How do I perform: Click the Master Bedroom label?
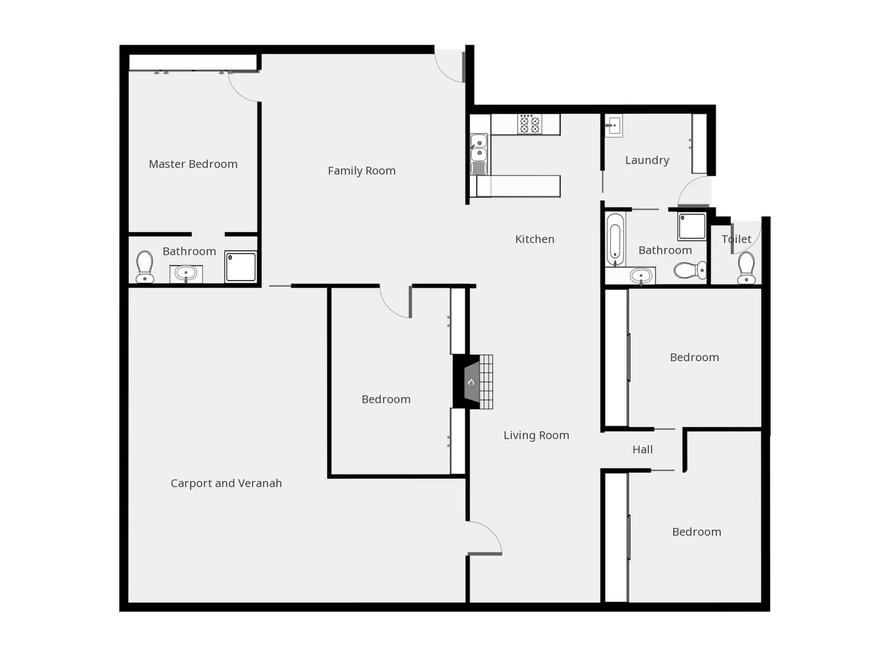pyautogui.click(x=193, y=164)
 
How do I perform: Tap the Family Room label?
pyautogui.click(x=361, y=171)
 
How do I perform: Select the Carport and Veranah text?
pyautogui.click(x=226, y=483)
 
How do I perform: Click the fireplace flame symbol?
pyautogui.click(x=471, y=382)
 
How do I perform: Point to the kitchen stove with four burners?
pyautogui.click(x=530, y=125)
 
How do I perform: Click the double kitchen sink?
pyautogui.click(x=478, y=147)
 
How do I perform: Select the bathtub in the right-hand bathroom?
pyautogui.click(x=614, y=240)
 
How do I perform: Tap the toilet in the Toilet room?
pyautogui.click(x=746, y=267)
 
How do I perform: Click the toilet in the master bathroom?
pyautogui.click(x=145, y=266)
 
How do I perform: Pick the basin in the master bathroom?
pyautogui.click(x=186, y=274)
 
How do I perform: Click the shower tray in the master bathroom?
pyautogui.click(x=241, y=267)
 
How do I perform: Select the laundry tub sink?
pyautogui.click(x=613, y=126)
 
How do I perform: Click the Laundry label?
pyautogui.click(x=647, y=160)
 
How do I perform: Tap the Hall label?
pyautogui.click(x=642, y=450)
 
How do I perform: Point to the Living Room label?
pyautogui.click(x=536, y=435)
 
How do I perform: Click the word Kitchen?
pyautogui.click(x=534, y=239)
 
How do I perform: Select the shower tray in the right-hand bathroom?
pyautogui.click(x=692, y=226)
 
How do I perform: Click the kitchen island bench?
pyautogui.click(x=518, y=186)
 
